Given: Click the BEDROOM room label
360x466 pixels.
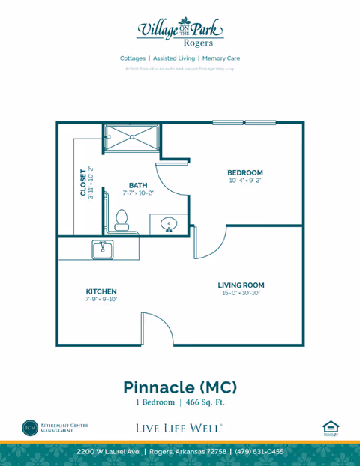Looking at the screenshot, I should pos(245,172).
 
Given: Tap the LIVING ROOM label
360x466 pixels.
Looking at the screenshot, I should pos(241,285).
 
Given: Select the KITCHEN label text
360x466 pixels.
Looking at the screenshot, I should pos(100,291).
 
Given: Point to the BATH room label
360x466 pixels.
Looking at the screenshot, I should pos(138,185).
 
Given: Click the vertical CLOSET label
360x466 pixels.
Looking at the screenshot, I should pos(83,181).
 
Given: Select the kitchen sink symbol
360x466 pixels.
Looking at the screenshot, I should pos(103,249).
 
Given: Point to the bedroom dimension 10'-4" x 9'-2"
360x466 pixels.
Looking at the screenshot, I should pos(245,181).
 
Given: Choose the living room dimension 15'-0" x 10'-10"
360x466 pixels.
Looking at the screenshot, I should pos(241,293).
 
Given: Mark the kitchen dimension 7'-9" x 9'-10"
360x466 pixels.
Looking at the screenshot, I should pos(100,299).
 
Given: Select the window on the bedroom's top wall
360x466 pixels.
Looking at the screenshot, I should pos(244,123).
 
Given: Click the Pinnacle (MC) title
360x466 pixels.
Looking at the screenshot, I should pos(180,387).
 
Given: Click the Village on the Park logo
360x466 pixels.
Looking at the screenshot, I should pos(180,30).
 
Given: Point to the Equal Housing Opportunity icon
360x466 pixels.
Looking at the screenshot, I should pos(331,428).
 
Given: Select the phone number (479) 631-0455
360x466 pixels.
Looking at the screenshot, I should pos(259,452).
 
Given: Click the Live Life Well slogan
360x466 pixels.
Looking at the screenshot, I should pos(178,428).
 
